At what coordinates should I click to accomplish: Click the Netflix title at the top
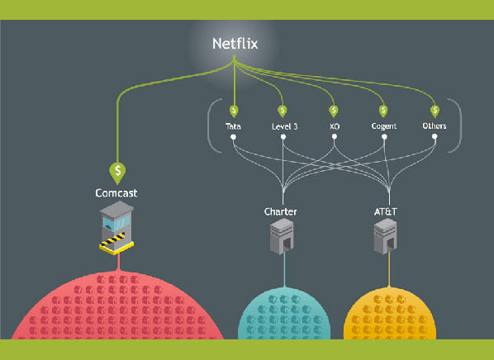[x=235, y=44]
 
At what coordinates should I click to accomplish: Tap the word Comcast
[x=116, y=192]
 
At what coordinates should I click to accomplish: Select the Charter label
[x=280, y=211]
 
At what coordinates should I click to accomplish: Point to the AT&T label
[x=386, y=211]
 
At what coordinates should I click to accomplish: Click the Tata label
[x=233, y=126]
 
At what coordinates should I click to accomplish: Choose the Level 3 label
[x=284, y=126]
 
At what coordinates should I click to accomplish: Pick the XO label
[x=335, y=126]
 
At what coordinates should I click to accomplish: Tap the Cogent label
[x=384, y=126]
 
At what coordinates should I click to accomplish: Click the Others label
[x=435, y=126]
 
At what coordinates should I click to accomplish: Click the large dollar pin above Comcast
[x=117, y=173]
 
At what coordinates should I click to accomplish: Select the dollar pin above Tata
[x=234, y=111]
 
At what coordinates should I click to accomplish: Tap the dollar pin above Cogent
[x=383, y=111]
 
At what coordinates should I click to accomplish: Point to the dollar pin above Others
[x=435, y=111]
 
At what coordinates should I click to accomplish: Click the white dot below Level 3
[x=283, y=137]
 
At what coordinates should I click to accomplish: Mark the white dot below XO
[x=335, y=137]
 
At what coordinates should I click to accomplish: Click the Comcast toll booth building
[x=116, y=227]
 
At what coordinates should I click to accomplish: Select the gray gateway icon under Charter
[x=282, y=236]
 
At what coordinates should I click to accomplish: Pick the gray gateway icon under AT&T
[x=385, y=236]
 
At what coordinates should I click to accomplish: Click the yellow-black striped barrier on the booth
[x=112, y=240]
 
